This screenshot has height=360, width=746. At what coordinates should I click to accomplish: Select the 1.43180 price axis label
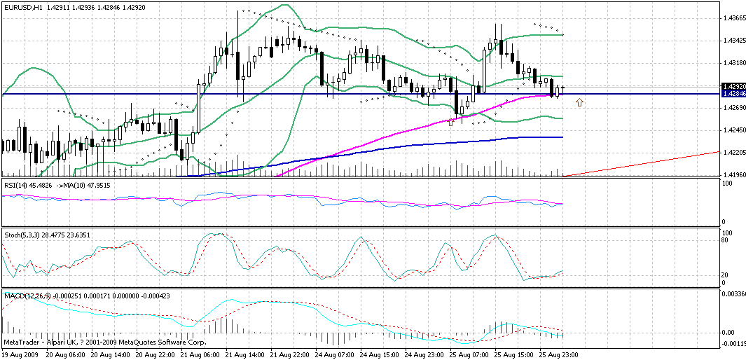[733, 64]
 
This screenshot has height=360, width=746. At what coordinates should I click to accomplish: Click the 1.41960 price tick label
[733, 174]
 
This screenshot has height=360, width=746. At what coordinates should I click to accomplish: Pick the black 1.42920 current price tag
[733, 86]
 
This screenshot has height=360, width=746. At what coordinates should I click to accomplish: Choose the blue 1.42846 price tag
[733, 93]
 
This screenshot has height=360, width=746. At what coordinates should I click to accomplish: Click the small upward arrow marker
[579, 103]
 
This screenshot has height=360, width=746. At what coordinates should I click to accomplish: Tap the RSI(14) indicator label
[16, 185]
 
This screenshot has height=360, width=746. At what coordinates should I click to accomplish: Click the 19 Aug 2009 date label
[20, 355]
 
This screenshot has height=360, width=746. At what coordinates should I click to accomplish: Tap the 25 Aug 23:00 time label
[558, 355]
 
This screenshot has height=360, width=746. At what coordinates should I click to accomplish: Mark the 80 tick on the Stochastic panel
[726, 240]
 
